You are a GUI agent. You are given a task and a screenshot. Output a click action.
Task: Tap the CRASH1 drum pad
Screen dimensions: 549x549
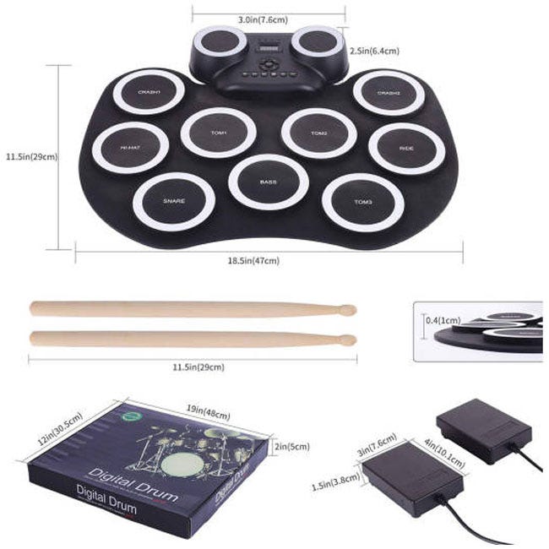point(149,91)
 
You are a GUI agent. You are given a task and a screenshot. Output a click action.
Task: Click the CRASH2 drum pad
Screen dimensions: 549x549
point(388,92)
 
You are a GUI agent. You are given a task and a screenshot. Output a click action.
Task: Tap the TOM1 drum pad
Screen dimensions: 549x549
point(219,133)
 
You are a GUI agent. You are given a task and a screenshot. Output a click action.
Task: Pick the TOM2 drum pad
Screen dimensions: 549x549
point(318,133)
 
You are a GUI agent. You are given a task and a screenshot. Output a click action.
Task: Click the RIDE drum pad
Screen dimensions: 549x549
point(406,148)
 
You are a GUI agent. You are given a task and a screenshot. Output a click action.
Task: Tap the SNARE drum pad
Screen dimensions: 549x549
point(173,201)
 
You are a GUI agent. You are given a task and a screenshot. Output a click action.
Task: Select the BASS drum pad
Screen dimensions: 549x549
point(268,182)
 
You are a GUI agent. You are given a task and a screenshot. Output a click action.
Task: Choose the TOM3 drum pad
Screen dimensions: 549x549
point(362,202)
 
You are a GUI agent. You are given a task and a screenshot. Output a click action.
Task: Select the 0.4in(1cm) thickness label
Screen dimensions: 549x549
point(443,320)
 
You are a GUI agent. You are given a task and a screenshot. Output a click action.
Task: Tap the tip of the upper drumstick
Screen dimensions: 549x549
point(347,310)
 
